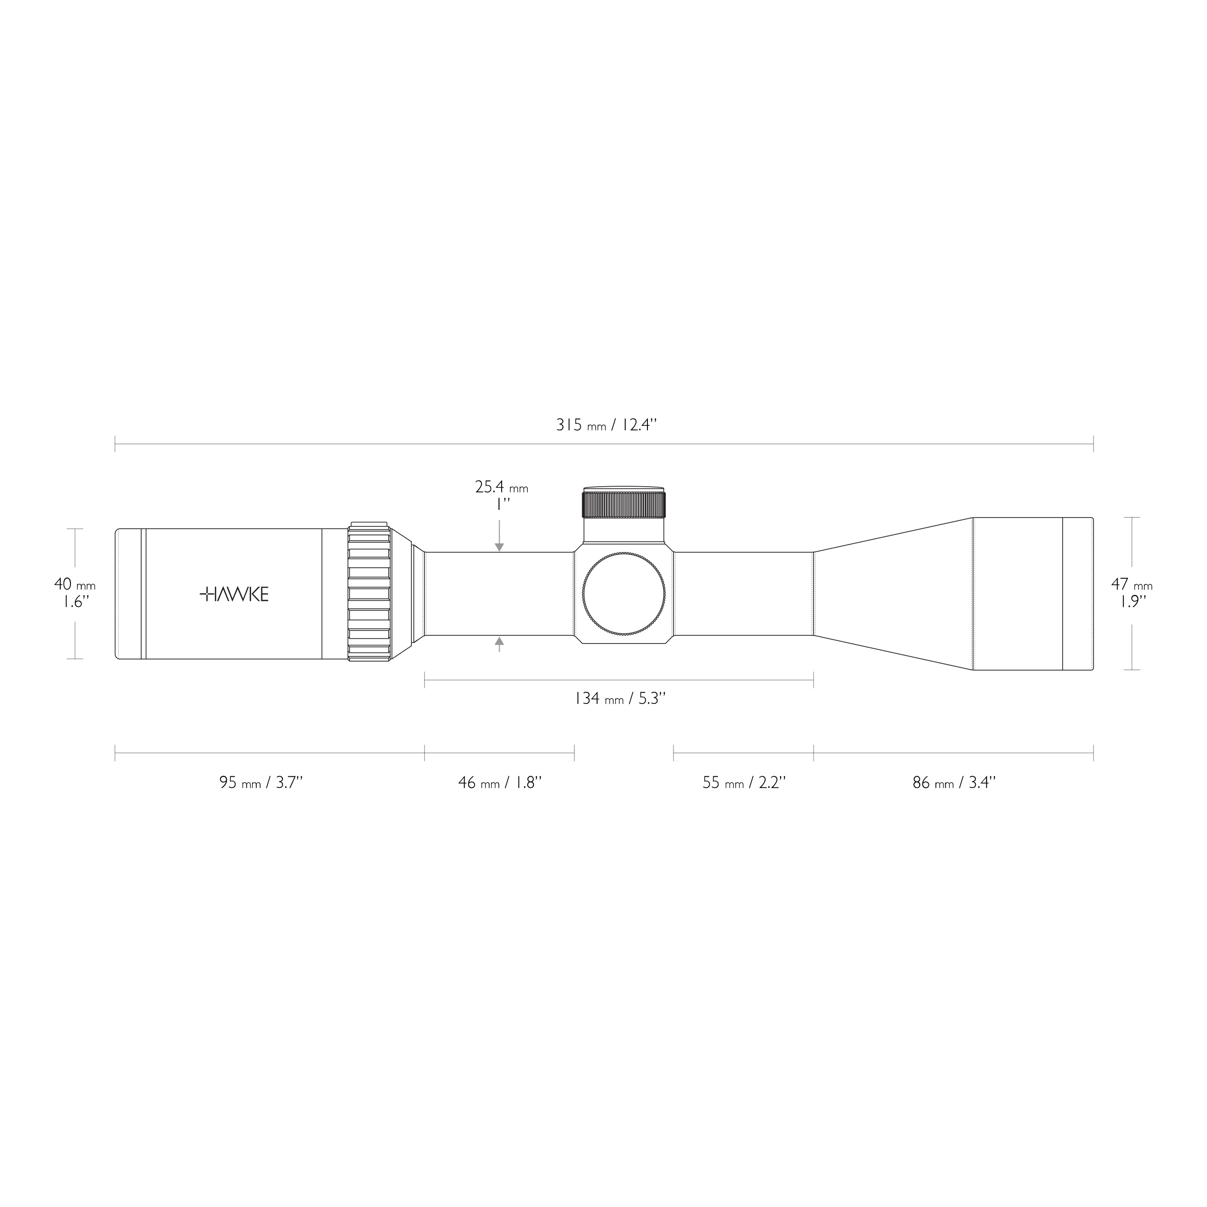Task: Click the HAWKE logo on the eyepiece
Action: pyautogui.click(x=234, y=594)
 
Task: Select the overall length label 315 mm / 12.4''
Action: pyautogui.click(x=606, y=425)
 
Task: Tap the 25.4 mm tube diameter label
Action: pyautogui.click(x=501, y=487)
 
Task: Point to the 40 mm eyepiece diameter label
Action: pyautogui.click(x=74, y=585)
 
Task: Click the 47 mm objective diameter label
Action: pyautogui.click(x=1131, y=585)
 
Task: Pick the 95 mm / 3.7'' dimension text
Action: pyautogui.click(x=261, y=782)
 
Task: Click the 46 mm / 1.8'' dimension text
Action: pyautogui.click(x=499, y=782)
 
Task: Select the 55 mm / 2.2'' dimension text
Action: pyautogui.click(x=744, y=782)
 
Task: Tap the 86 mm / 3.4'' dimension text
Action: pyautogui.click(x=954, y=782)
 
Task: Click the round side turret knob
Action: pyautogui.click(x=623, y=594)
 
